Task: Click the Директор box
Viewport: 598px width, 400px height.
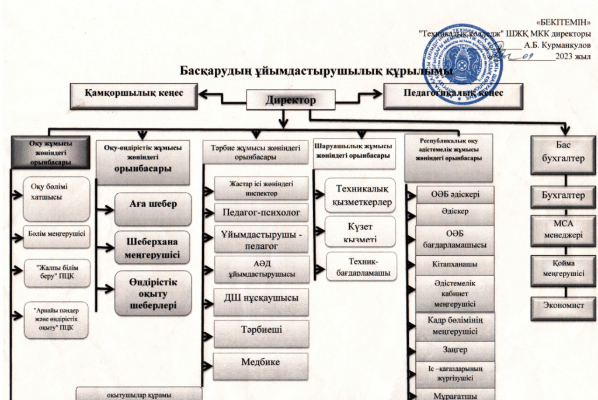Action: coord(291,100)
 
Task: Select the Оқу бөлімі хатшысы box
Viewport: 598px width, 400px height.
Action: coord(56,197)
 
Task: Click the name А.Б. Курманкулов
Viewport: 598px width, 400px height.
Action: coord(557,44)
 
